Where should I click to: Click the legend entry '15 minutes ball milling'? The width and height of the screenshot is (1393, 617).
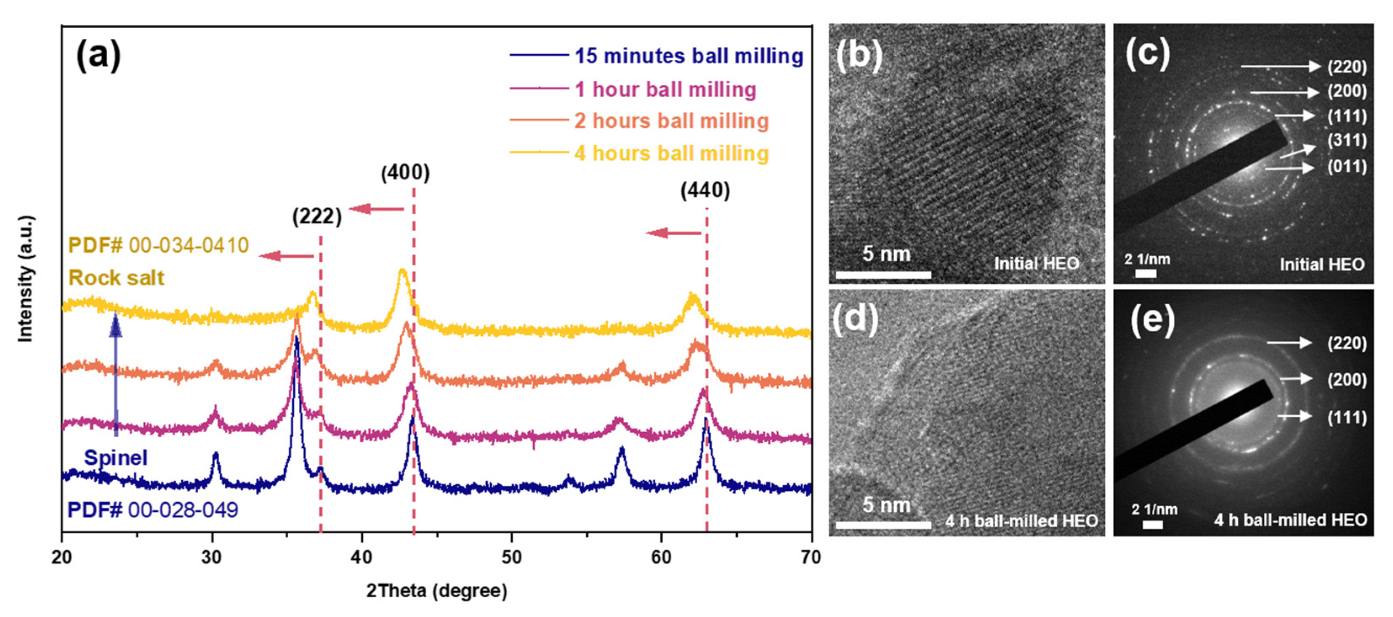click(689, 56)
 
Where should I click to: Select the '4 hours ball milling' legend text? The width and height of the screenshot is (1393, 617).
click(671, 153)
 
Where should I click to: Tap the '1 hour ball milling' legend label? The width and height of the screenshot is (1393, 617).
click(665, 89)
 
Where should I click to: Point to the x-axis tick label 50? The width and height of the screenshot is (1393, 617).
click(511, 557)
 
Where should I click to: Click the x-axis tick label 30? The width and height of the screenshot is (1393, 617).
click(211, 557)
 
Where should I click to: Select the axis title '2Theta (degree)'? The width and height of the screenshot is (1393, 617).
click(436, 590)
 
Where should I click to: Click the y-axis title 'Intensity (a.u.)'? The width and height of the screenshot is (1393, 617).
click(25, 279)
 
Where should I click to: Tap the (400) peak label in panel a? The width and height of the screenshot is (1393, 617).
click(405, 173)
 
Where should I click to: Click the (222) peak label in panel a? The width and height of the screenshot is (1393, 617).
click(317, 216)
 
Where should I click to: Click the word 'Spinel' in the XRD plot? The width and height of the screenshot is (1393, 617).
click(115, 458)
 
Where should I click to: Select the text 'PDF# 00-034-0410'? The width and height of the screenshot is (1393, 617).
click(158, 245)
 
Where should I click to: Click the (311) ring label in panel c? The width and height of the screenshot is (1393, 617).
click(1346, 140)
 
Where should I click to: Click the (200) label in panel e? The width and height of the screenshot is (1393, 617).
click(1346, 380)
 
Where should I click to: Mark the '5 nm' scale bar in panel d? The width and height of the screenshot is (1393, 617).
click(883, 524)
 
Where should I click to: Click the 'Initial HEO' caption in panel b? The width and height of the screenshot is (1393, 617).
click(1036, 263)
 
